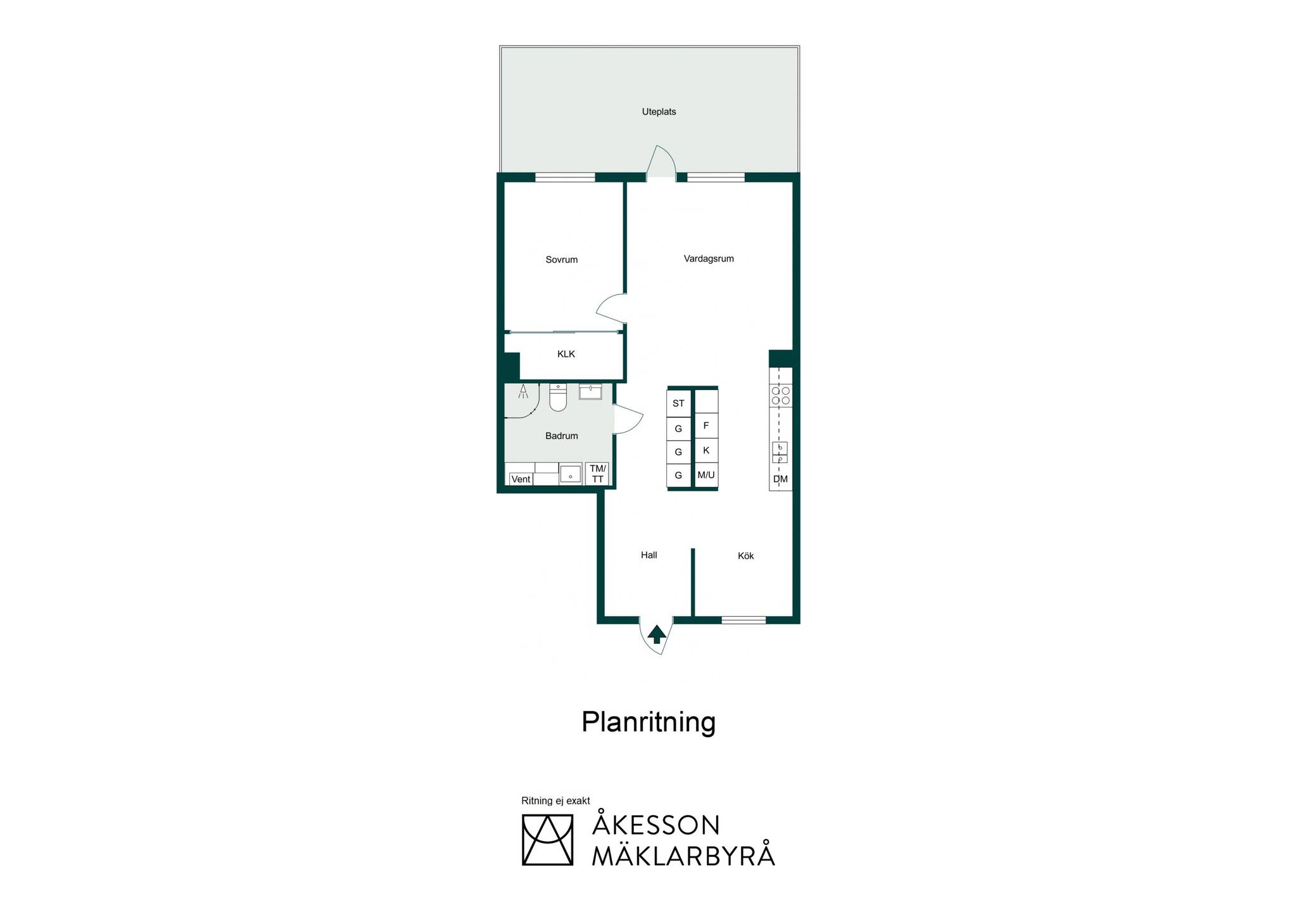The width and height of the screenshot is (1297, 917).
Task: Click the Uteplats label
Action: click(x=659, y=112)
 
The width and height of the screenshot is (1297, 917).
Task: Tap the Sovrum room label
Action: click(x=562, y=260)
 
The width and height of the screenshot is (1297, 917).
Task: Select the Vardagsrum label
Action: click(x=709, y=258)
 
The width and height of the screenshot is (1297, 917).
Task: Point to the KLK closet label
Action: click(x=566, y=354)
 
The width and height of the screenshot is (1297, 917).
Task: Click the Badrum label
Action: click(x=562, y=436)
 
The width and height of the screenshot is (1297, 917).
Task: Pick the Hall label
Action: click(x=649, y=555)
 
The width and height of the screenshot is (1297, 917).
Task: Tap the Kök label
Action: click(x=746, y=556)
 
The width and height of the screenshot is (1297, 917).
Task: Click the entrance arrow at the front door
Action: click(x=657, y=634)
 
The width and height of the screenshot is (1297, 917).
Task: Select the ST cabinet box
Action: click(x=678, y=403)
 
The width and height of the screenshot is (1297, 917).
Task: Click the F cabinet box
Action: click(x=706, y=426)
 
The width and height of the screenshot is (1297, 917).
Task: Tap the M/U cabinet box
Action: click(x=706, y=475)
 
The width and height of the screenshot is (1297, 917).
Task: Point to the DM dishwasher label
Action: click(x=780, y=479)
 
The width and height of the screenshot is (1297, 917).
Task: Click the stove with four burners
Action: click(x=781, y=396)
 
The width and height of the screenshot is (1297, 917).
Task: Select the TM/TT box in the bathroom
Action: click(x=598, y=474)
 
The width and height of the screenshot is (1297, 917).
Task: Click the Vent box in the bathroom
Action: click(x=521, y=479)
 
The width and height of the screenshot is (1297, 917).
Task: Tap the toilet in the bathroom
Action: click(x=558, y=397)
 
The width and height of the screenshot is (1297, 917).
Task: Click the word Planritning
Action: click(x=648, y=723)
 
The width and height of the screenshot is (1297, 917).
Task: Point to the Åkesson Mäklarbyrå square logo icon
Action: click(x=547, y=840)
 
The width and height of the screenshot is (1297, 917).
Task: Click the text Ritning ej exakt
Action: click(x=555, y=801)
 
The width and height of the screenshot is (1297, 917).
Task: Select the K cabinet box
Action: click(x=706, y=451)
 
